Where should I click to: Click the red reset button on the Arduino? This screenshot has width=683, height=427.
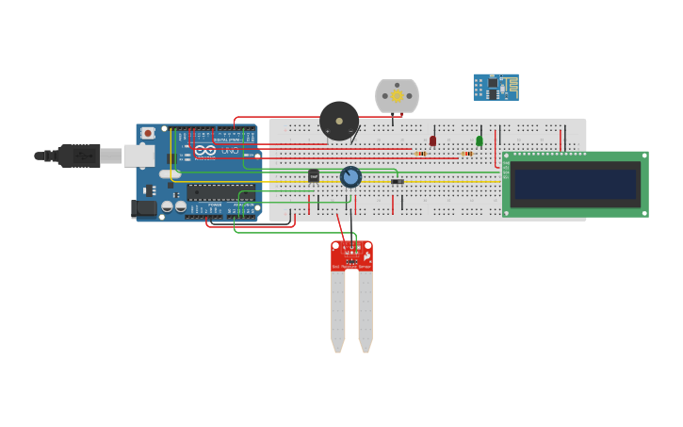(x=148, y=133)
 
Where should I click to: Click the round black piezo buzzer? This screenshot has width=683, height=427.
(x=339, y=121)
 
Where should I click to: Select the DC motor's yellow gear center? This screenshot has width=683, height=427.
(x=397, y=95)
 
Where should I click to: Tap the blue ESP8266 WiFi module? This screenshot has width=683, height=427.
(x=496, y=87)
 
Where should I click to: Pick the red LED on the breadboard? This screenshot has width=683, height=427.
(x=433, y=140)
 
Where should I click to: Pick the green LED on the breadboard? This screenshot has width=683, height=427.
(x=480, y=140)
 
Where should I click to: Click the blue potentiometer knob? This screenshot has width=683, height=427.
(x=350, y=177)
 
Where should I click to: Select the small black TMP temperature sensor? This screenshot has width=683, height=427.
(x=314, y=175)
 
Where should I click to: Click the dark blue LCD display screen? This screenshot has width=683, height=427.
(x=575, y=184)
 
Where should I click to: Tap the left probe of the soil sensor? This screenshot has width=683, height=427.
(x=337, y=311)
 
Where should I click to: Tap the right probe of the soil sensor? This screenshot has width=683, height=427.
(x=366, y=311)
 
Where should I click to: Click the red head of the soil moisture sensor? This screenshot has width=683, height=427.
(x=351, y=255)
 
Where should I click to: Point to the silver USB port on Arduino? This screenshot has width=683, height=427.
(x=138, y=156)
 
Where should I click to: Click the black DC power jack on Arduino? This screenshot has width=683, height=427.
(x=143, y=208)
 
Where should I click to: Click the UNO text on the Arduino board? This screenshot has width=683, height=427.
(x=228, y=151)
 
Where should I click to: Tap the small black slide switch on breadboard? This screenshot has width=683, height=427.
(x=397, y=181)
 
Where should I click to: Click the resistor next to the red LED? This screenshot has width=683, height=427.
(x=420, y=153)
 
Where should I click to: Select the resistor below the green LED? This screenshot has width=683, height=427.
(x=467, y=153)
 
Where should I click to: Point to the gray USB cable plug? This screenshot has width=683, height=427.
(x=79, y=156)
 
